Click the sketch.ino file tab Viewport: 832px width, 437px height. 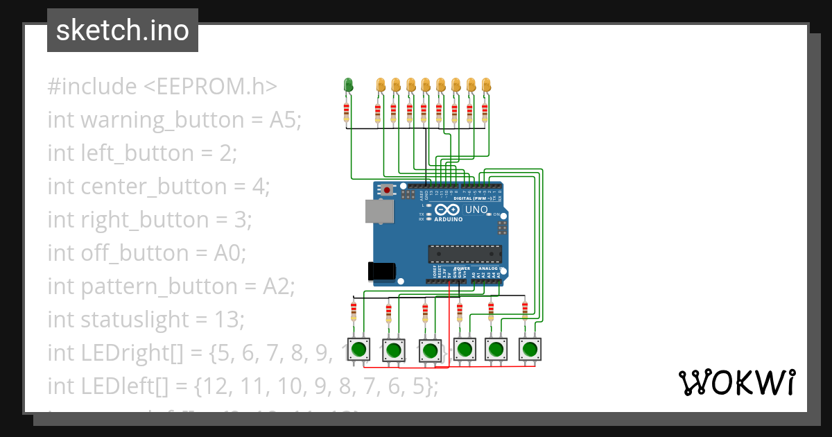pos(123,31)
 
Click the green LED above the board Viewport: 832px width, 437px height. pos(349,85)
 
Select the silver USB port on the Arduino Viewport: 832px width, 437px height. pos(379,211)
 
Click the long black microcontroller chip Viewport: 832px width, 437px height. pos(464,255)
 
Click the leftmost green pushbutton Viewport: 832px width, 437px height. pos(359,349)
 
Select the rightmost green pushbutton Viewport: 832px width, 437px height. pos(529,349)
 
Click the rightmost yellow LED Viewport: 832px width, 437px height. pos(486,85)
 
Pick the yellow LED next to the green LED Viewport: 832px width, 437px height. pos(380,85)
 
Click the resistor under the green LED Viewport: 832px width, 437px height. pos(347,111)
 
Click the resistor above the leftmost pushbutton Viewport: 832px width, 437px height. pos(354,309)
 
